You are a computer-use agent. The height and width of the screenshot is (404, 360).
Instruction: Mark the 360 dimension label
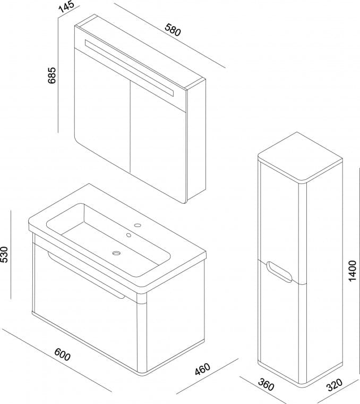coord(265,383)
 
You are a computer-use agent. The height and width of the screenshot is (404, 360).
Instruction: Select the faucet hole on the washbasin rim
coord(138,225)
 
